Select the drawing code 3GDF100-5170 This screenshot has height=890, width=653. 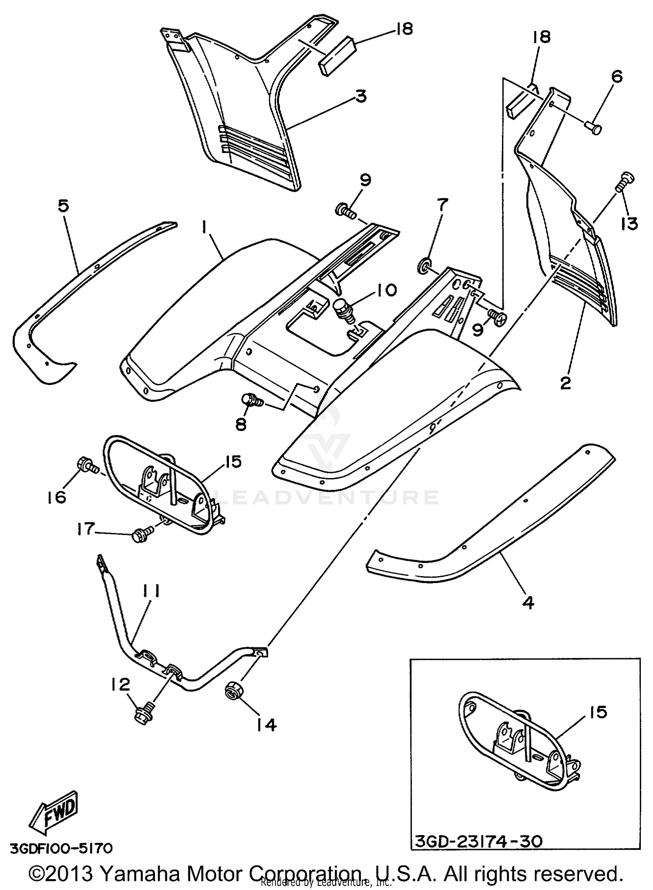coord(61,849)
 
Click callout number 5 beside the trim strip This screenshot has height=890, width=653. coord(64,206)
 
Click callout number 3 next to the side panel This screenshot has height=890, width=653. coord(361,96)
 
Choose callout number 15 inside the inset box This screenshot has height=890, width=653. coord(599,713)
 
